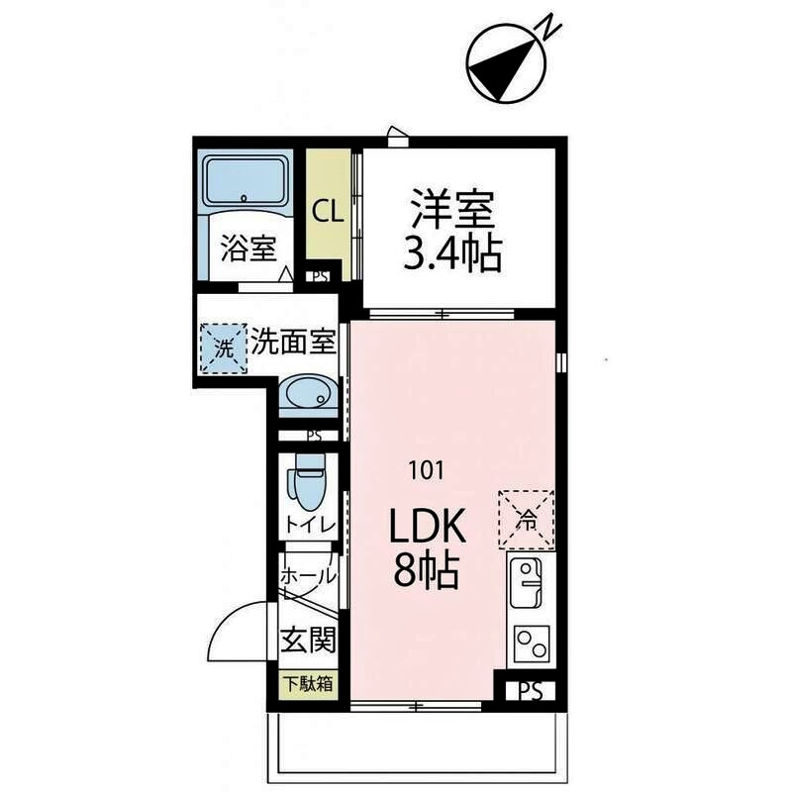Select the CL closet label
coord(327,210)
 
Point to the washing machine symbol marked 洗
coord(223,347)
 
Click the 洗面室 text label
coord(294,343)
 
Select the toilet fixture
coord(308,481)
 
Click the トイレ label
coord(311,525)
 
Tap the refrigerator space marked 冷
coord(528,518)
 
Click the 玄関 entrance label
coord(308,641)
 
